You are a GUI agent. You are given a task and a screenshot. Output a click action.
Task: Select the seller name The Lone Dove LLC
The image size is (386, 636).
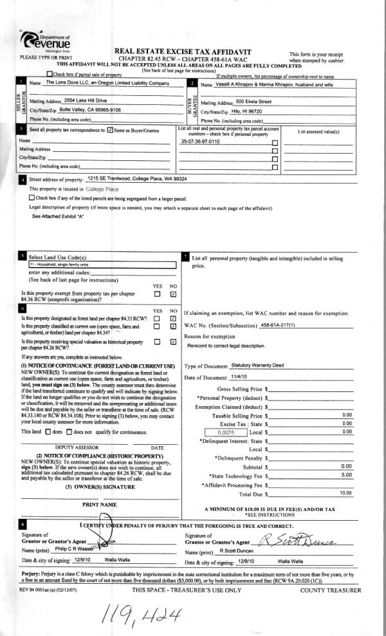[x=107, y=84]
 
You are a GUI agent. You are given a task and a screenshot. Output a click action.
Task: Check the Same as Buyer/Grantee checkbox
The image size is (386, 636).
[x=109, y=130]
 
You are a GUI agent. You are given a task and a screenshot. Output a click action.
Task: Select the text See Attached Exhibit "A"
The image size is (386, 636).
[x=58, y=217]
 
